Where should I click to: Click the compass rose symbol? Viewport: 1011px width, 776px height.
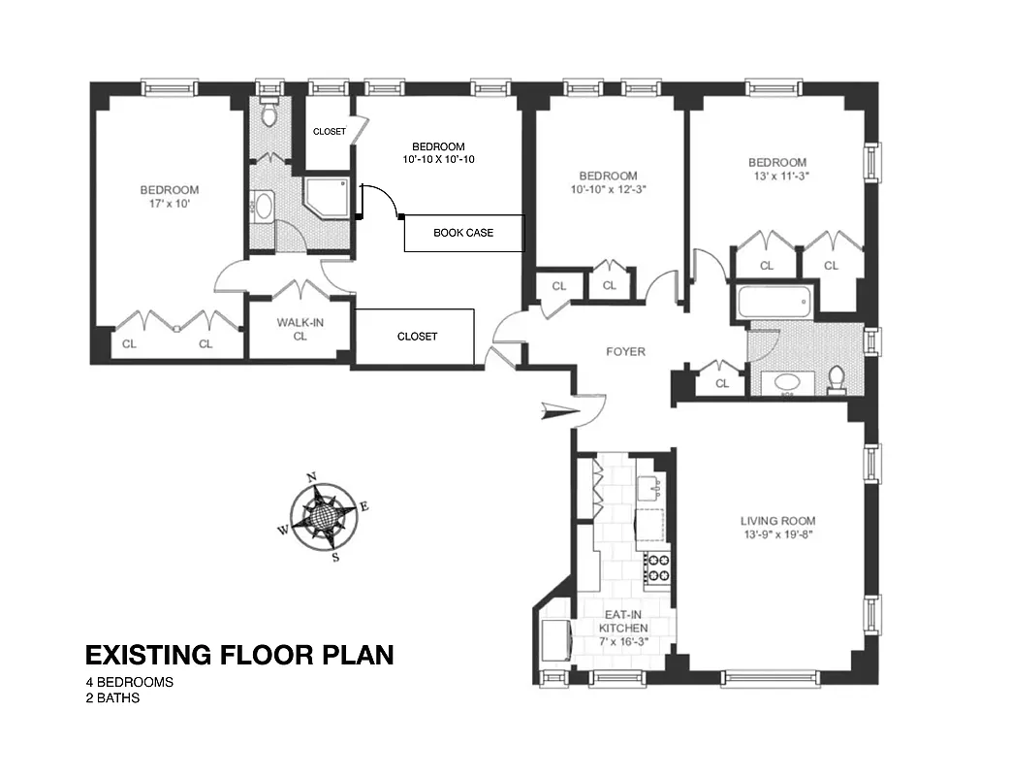(x=324, y=517)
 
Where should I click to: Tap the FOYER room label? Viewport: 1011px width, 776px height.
(x=625, y=352)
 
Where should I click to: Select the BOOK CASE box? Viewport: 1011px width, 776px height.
(x=463, y=233)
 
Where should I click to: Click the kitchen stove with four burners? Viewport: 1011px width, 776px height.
(x=658, y=566)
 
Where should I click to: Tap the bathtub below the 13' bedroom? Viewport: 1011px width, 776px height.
(x=774, y=301)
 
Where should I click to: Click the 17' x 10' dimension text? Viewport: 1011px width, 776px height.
(x=169, y=205)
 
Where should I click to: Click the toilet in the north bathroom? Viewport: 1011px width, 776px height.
(x=270, y=116)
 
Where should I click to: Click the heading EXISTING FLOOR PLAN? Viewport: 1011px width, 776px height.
(x=239, y=656)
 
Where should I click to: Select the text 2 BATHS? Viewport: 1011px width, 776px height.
(x=112, y=697)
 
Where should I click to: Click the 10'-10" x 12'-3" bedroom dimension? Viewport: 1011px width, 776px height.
(x=608, y=190)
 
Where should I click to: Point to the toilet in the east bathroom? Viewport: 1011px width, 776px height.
(x=837, y=379)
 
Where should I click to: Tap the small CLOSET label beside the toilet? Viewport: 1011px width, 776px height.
(x=329, y=131)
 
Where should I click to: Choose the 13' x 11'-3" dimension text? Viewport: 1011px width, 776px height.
(x=776, y=177)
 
